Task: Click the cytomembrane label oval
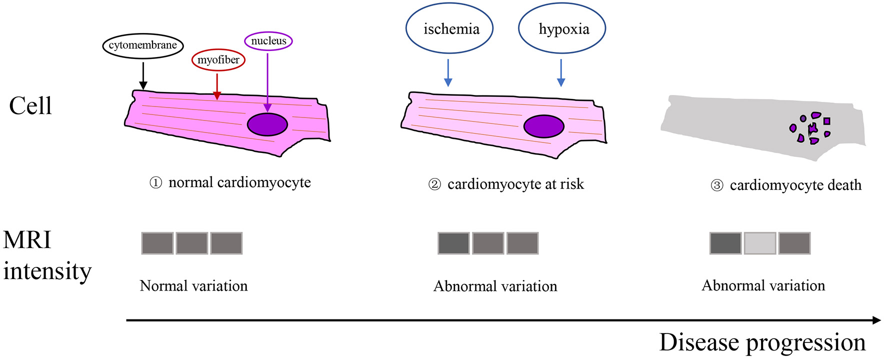click(143, 45)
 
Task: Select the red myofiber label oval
click(218, 60)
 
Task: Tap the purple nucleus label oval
click(268, 41)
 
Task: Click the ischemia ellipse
click(449, 29)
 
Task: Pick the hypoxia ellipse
click(562, 29)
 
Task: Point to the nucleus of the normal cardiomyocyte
click(267, 124)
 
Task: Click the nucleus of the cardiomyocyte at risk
click(543, 126)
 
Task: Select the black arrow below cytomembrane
click(143, 75)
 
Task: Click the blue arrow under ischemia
click(448, 73)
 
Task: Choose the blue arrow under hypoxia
click(561, 73)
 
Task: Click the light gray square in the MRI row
click(760, 243)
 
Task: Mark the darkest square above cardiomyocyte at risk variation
click(453, 243)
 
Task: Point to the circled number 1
click(156, 183)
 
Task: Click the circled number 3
click(717, 186)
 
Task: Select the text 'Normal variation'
click(194, 286)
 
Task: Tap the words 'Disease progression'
click(762, 343)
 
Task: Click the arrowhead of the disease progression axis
click(876, 320)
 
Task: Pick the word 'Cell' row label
click(30, 106)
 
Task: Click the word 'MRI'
click(27, 240)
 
